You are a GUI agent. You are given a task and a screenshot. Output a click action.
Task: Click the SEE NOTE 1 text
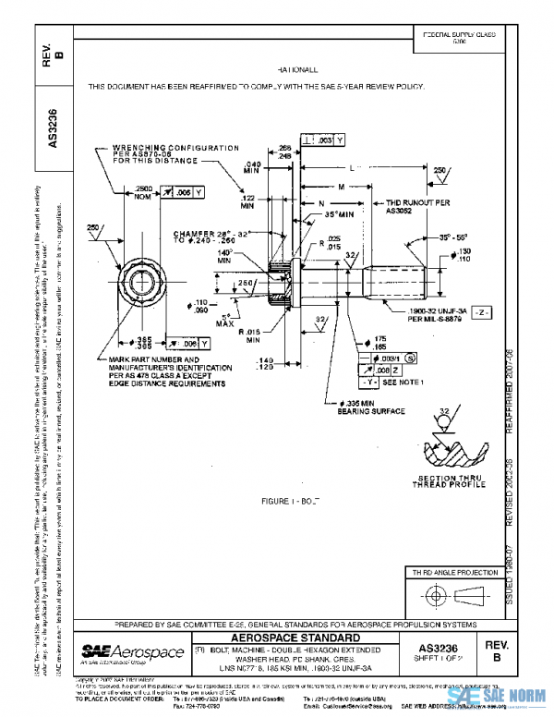(402, 382)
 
